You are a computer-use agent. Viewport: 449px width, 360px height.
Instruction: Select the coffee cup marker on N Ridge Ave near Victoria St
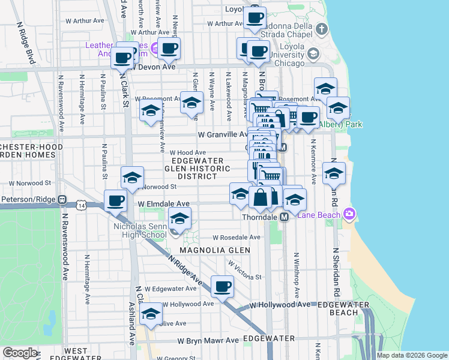tap(223, 286)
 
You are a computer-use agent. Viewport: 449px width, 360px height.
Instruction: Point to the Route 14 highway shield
tap(80, 205)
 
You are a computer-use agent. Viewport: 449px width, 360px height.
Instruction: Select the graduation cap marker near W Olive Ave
tap(151, 314)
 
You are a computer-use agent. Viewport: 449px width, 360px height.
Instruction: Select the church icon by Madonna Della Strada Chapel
tap(322, 29)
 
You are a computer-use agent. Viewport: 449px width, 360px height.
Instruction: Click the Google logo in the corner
tap(20, 353)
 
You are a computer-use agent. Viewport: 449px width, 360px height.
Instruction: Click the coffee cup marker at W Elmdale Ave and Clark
tap(116, 200)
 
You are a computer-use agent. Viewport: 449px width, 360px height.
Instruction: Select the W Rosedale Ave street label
tap(236, 237)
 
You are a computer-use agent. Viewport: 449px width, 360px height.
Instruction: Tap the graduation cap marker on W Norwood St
tap(132, 177)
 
